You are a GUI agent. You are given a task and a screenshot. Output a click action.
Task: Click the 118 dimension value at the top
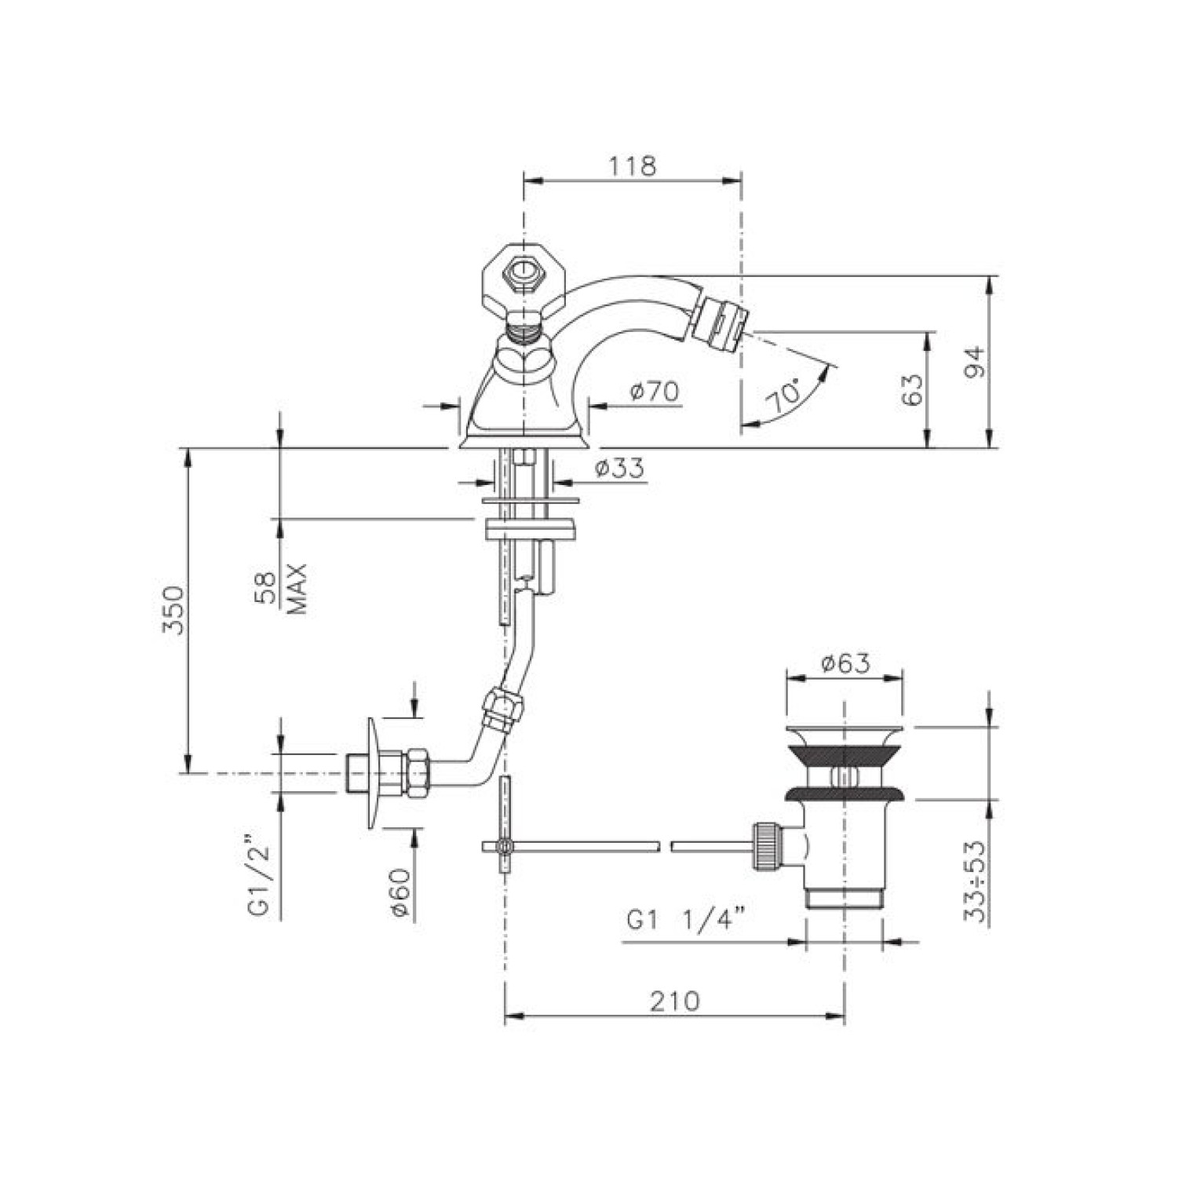point(632,166)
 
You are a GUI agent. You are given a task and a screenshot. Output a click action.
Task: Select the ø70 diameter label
point(655,391)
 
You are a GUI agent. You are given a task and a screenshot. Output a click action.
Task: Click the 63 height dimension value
point(912,390)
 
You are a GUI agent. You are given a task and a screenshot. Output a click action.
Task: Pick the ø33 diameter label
point(619,469)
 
